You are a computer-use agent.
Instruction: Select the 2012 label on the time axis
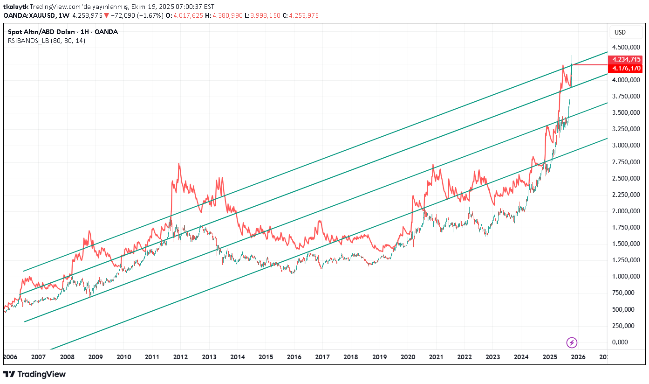[x=180, y=357]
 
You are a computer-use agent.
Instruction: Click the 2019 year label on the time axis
[x=379, y=357]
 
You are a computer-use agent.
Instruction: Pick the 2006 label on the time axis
[x=10, y=357]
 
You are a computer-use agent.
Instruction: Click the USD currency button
[x=620, y=32]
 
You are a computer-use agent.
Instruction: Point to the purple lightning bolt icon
[x=572, y=343]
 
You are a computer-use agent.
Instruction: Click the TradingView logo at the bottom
[x=34, y=374]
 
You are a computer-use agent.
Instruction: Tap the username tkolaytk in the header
[x=15, y=7]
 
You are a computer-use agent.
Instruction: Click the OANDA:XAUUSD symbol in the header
[x=29, y=15]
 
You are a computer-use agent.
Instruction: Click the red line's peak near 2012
[x=179, y=164]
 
